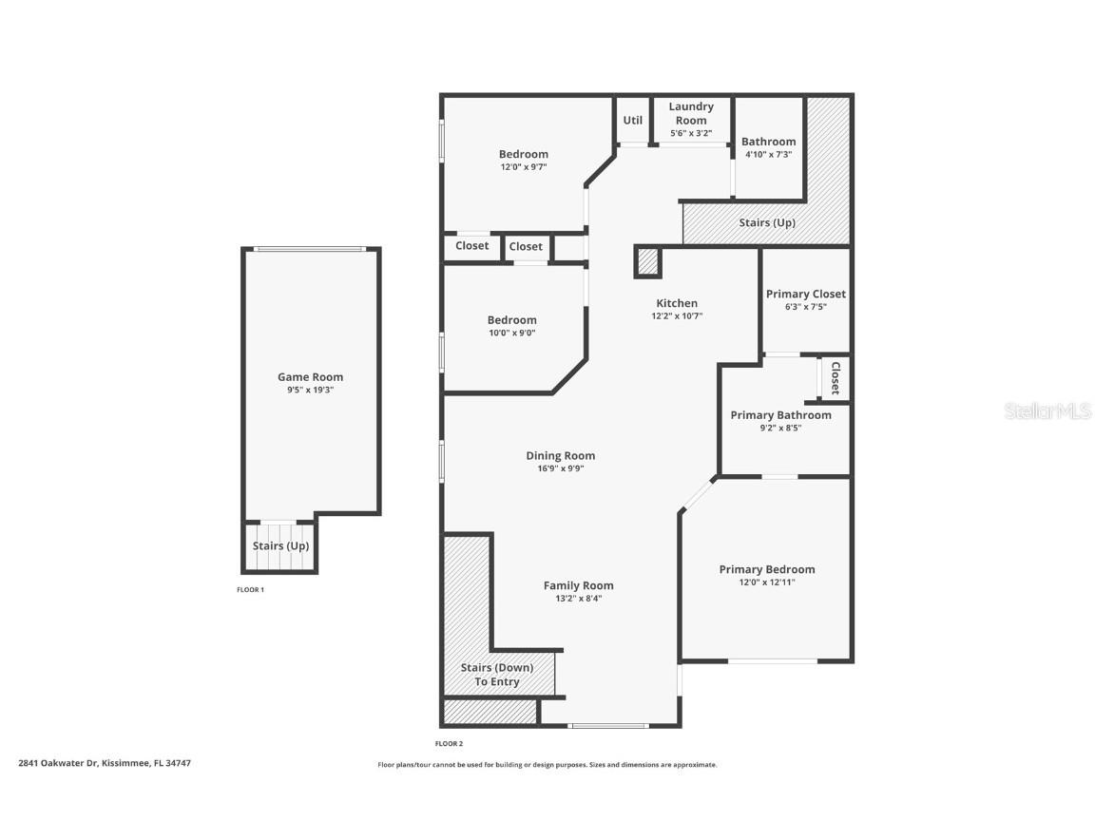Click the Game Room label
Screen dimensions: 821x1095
point(310,377)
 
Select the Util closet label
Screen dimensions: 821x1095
point(632,121)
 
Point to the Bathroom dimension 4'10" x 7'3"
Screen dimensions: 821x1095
point(768,154)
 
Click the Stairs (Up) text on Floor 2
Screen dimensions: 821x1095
point(766,223)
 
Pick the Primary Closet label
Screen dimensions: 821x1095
point(805,295)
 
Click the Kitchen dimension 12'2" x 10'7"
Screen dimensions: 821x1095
point(677,316)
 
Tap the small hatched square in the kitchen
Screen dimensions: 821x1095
point(647,262)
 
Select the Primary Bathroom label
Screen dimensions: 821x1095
point(780,415)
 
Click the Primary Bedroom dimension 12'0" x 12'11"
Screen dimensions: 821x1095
point(766,582)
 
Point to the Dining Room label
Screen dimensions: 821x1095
point(560,456)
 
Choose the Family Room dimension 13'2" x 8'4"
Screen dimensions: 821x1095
point(578,599)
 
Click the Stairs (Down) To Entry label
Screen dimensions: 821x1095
point(497,675)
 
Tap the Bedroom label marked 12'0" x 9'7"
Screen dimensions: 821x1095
point(523,155)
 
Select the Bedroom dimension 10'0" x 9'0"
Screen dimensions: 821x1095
point(511,333)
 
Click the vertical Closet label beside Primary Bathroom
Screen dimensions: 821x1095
point(836,378)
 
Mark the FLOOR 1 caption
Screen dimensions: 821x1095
point(250,590)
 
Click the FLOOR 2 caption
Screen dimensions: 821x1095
point(449,744)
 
